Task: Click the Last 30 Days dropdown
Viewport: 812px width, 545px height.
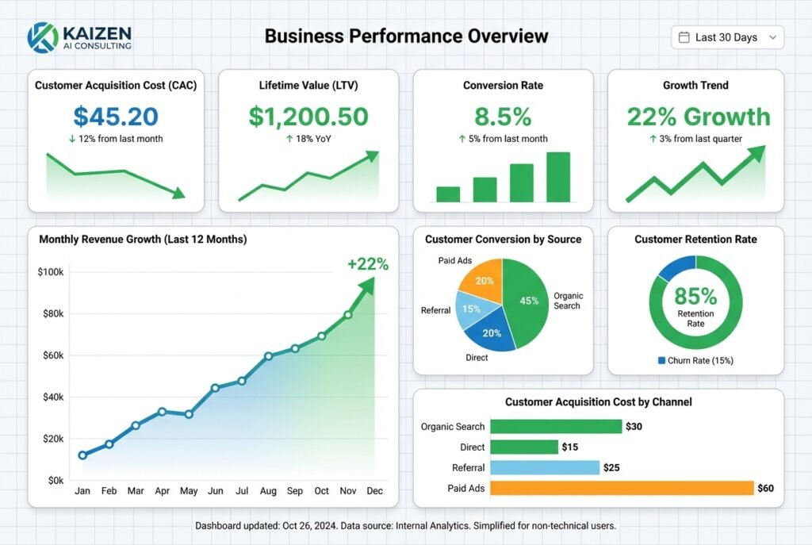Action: pyautogui.click(x=727, y=37)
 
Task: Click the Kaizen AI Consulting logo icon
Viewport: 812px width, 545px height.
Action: pyautogui.click(x=42, y=36)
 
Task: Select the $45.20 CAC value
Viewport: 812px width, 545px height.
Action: pyautogui.click(x=116, y=117)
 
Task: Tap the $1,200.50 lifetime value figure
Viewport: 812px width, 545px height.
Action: pyautogui.click(x=308, y=117)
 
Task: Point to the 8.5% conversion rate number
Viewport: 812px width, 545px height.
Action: pyautogui.click(x=503, y=117)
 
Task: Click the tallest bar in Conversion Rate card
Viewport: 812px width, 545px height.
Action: pyautogui.click(x=557, y=177)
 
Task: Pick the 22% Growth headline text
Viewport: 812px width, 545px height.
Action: pyautogui.click(x=698, y=117)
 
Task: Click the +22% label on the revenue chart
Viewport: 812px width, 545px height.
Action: pyautogui.click(x=367, y=265)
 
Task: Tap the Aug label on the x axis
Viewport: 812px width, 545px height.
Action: pyautogui.click(x=268, y=492)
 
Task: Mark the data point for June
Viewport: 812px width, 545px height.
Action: pyautogui.click(x=215, y=388)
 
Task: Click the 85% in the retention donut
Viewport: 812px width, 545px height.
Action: pyautogui.click(x=695, y=297)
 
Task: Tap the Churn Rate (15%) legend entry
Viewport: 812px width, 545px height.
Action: pyautogui.click(x=695, y=360)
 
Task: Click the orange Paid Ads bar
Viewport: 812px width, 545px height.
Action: pyautogui.click(x=622, y=488)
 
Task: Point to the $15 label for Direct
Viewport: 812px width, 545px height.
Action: pyautogui.click(x=569, y=447)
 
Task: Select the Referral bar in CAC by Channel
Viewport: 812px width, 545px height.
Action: pyautogui.click(x=544, y=467)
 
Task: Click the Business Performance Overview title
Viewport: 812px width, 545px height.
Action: pyautogui.click(x=406, y=36)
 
